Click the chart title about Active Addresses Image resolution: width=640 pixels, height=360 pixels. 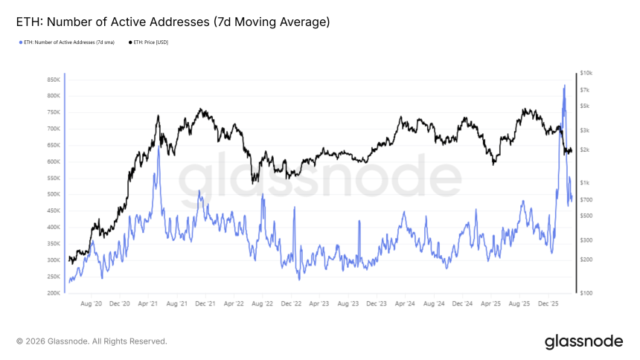pos(173,22)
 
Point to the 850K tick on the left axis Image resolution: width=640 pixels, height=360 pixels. pos(53,80)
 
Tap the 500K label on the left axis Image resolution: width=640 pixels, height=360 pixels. pos(53,194)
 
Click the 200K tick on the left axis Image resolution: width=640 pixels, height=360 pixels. pos(53,293)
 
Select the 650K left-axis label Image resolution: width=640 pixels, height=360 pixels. pos(53,145)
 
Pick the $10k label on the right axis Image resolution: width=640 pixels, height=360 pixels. pos(586,73)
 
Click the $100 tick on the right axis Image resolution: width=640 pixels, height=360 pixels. pos(586,293)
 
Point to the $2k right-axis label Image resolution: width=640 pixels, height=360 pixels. pos(586,150)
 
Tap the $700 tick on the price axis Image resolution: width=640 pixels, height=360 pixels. pos(586,199)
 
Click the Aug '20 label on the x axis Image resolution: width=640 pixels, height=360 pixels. pos(90,303)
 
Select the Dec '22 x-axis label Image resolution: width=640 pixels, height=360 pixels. pos(291,303)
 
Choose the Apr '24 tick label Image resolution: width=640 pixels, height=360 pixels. pos(406,303)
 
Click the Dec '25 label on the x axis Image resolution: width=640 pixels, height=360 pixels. pos(548,303)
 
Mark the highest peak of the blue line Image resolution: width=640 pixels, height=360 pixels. pos(564,85)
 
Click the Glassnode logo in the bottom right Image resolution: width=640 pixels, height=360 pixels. pos(583,341)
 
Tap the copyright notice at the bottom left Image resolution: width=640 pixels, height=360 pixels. pos(92,341)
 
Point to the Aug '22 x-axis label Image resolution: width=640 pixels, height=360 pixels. pos(262,303)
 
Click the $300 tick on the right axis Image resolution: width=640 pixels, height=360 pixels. pos(586,240)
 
